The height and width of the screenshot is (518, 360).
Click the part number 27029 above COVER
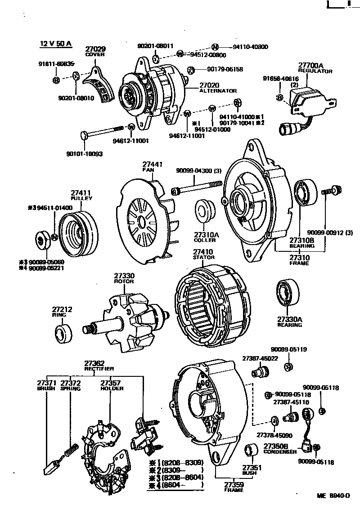coord(95,49)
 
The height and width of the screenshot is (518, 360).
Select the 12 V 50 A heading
coord(56,44)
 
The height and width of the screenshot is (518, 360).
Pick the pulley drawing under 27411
coord(79,232)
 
